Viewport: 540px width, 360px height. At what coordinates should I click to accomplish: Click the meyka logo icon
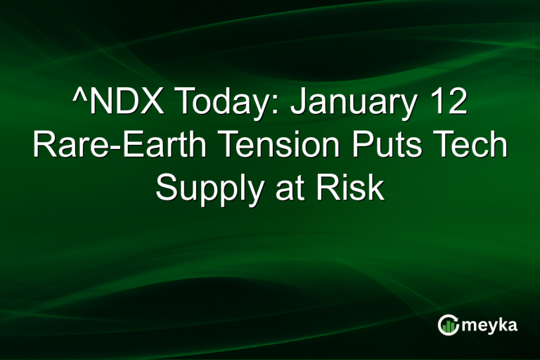448,324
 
